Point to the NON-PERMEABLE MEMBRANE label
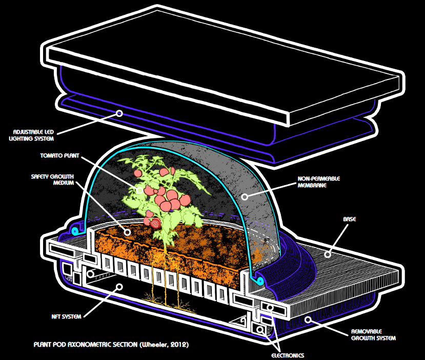(x=318, y=182)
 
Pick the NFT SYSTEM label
(x=65, y=317)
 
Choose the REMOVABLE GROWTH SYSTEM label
(x=373, y=334)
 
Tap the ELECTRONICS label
(x=288, y=355)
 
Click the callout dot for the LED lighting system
(x=119, y=113)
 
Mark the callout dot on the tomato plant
(x=139, y=189)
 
